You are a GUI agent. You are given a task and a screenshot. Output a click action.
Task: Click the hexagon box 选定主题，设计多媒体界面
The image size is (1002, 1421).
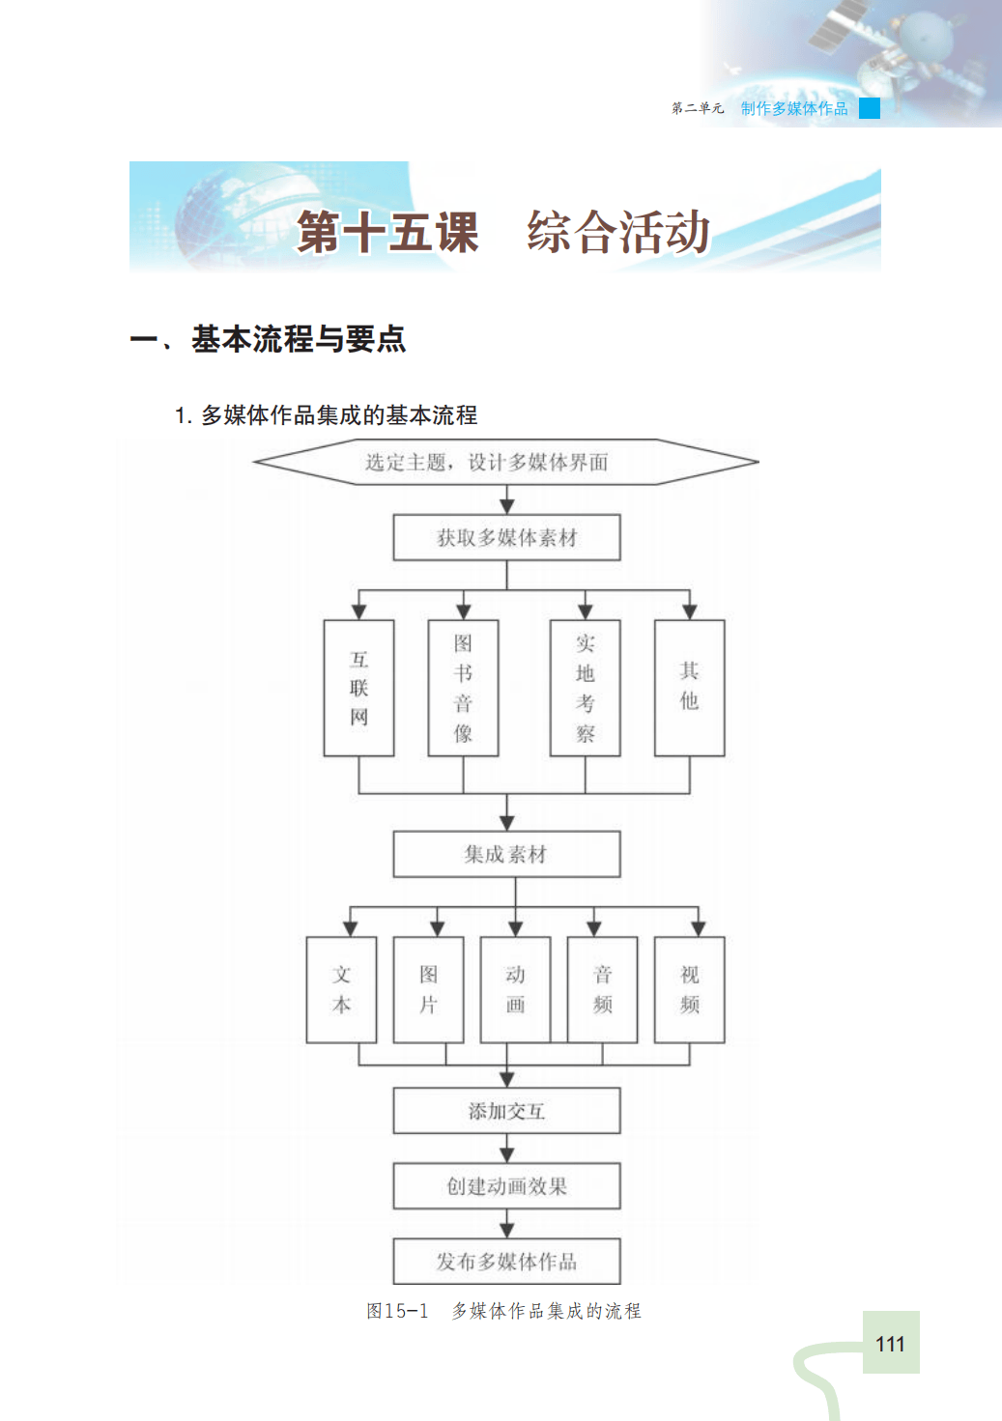pyautogui.click(x=505, y=462)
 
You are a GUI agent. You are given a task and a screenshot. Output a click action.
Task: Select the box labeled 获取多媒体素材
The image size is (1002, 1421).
pyautogui.click(x=506, y=537)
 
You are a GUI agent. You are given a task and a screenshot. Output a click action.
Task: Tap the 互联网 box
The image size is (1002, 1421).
pyautogui.click(x=358, y=688)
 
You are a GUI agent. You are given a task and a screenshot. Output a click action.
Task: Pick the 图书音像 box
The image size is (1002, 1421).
pyautogui.click(x=463, y=688)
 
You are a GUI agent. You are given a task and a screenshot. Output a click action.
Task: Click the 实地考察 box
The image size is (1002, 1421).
pyautogui.click(x=585, y=688)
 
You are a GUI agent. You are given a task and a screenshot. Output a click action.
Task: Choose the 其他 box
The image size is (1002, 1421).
pyautogui.click(x=689, y=688)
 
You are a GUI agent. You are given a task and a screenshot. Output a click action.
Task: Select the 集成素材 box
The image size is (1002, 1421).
pyautogui.click(x=506, y=854)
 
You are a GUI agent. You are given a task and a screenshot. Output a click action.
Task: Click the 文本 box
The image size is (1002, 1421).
pyautogui.click(x=341, y=989)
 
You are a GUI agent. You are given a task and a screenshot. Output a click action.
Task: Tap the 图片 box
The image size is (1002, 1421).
pyautogui.click(x=428, y=989)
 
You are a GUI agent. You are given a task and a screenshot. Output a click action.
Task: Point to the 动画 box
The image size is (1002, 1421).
pyautogui.click(x=515, y=989)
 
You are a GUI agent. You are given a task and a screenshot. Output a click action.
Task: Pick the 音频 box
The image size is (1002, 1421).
pyautogui.click(x=602, y=989)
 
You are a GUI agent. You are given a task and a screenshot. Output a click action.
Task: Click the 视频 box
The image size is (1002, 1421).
pyautogui.click(x=689, y=989)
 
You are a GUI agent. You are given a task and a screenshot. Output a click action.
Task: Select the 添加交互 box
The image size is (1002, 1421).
pyautogui.click(x=506, y=1111)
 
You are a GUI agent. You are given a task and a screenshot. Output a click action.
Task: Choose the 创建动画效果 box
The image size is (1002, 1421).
pyautogui.click(x=506, y=1186)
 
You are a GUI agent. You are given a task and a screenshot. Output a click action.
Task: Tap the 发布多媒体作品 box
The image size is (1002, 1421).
pyautogui.click(x=506, y=1262)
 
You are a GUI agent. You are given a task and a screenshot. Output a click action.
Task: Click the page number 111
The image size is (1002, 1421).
pyautogui.click(x=890, y=1344)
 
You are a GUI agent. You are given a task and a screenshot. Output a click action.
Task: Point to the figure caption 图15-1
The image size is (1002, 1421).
pyautogui.click(x=396, y=1311)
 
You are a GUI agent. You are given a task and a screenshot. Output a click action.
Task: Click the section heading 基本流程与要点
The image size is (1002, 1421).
pyautogui.click(x=298, y=339)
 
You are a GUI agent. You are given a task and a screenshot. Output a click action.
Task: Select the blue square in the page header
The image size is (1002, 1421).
pyautogui.click(x=870, y=108)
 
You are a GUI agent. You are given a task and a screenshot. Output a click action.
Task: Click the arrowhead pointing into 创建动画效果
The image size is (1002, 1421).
pyautogui.click(x=507, y=1155)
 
